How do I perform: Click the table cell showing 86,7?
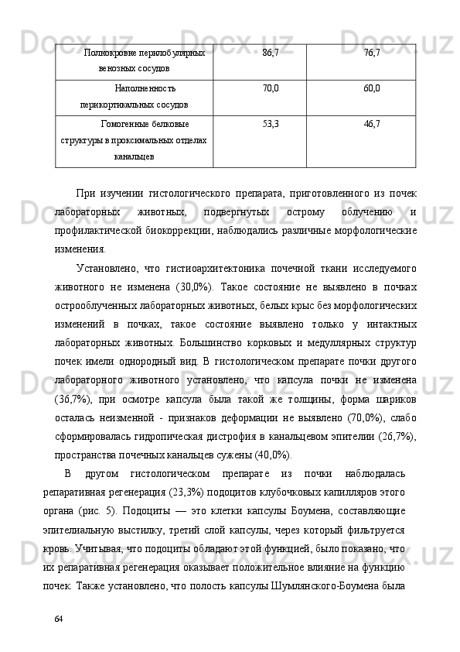[271, 52]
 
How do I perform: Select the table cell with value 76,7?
[372, 52]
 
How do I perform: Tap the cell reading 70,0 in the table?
[271, 88]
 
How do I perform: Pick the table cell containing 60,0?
[372, 88]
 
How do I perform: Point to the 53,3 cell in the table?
[271, 123]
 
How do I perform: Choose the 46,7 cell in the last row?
[372, 123]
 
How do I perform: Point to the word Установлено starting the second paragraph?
[108, 268]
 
